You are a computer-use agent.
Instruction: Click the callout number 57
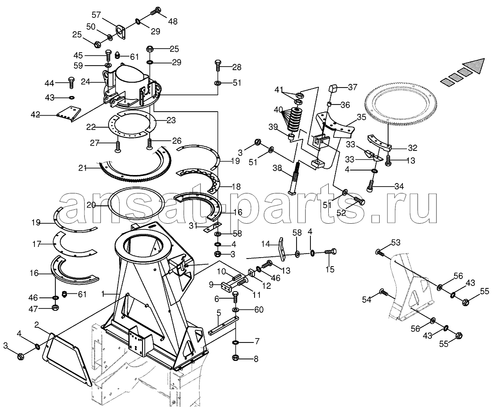[x=96, y=15]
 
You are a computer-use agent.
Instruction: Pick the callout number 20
[x=91, y=205]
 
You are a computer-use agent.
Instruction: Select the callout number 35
[x=361, y=117]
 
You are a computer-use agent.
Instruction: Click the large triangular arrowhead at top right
[x=473, y=67]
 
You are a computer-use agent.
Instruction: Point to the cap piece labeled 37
[x=334, y=88]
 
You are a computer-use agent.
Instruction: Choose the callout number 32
[x=413, y=148]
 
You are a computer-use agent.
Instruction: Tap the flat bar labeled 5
[x=223, y=325]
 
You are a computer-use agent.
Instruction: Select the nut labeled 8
[x=236, y=358]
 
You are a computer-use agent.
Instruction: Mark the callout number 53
[x=395, y=243]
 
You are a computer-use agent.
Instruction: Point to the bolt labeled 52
[x=360, y=200]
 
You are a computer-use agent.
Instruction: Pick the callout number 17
[x=37, y=244]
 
